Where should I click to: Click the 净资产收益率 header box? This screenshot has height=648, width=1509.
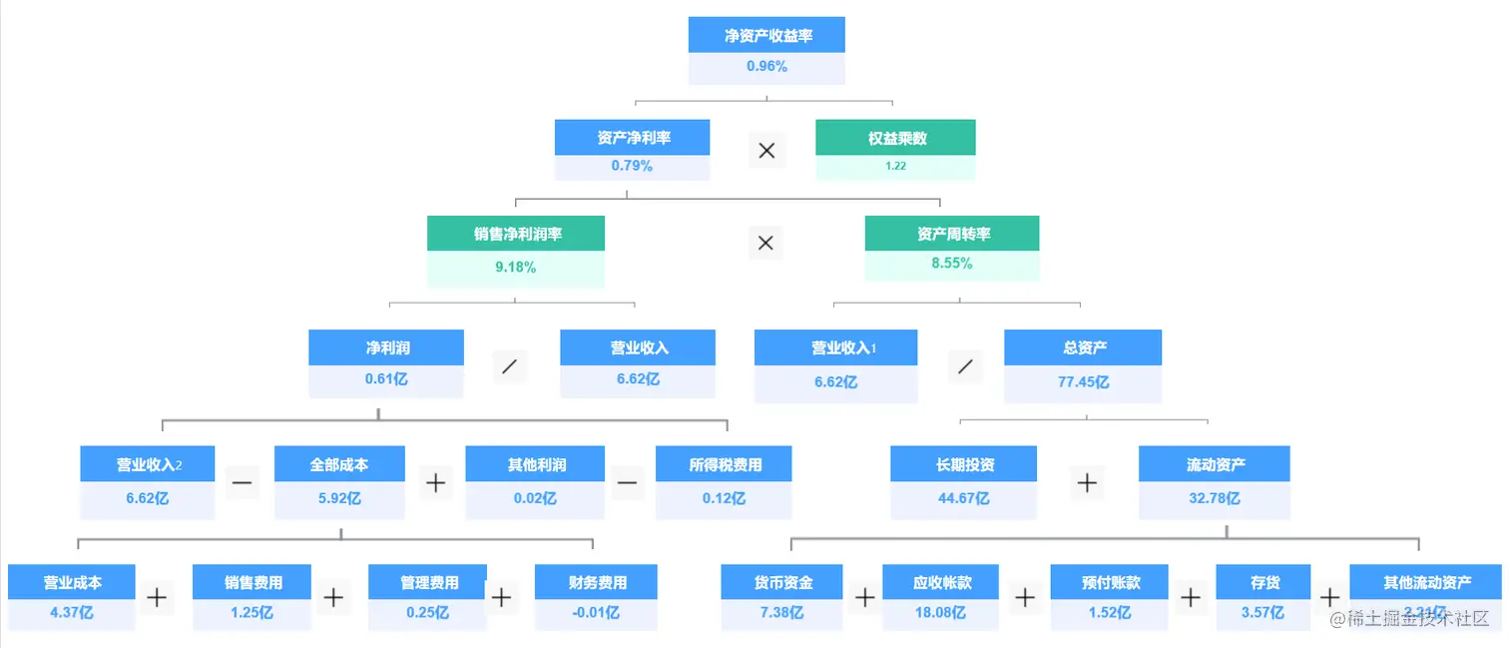click(x=766, y=36)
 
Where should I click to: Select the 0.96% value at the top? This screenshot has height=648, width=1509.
click(x=766, y=67)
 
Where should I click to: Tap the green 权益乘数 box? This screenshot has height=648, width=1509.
click(x=895, y=138)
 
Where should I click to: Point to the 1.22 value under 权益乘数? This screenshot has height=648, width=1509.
click(x=895, y=166)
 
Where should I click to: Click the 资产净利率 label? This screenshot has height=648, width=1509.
click(x=633, y=138)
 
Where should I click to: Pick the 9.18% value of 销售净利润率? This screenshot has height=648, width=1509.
click(x=516, y=267)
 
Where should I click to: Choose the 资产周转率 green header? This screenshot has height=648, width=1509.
click(x=952, y=234)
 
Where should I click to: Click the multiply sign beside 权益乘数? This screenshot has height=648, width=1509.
click(x=766, y=151)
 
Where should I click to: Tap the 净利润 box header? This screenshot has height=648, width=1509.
click(x=386, y=347)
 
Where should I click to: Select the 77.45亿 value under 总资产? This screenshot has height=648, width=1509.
click(x=1083, y=381)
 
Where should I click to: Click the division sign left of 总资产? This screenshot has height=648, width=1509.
click(x=964, y=366)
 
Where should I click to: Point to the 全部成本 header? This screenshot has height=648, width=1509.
click(x=339, y=464)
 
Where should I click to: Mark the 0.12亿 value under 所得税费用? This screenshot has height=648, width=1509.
click(x=724, y=497)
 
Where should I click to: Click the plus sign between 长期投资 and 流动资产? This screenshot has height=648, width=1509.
click(x=1087, y=483)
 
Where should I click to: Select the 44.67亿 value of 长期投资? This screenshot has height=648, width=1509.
click(x=963, y=497)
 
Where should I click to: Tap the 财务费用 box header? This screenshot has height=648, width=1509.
click(x=597, y=582)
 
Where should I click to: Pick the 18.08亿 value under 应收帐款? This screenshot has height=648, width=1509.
click(x=941, y=613)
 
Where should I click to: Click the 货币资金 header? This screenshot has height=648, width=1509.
click(x=782, y=582)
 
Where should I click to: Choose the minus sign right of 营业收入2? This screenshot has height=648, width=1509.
click(x=243, y=483)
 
